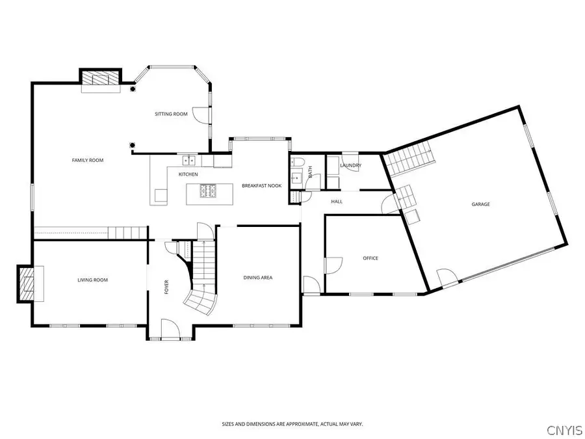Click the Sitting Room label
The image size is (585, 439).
[171, 114]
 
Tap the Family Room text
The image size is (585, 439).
[88, 160]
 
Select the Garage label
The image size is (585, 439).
[480, 204]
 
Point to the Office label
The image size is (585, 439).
[370, 258]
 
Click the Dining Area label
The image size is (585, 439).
[258, 277]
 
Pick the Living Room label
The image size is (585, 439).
[92, 280]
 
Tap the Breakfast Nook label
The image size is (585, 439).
[261, 185]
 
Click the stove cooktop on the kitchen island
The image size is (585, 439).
[208, 191]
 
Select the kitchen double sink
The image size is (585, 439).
[189, 160]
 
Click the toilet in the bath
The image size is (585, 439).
[298, 162]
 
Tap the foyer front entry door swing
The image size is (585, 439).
[170, 328]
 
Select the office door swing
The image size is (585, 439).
[334, 265]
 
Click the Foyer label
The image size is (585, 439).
[167, 287]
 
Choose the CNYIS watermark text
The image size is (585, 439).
[565, 429]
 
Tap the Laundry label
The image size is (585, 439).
[351, 165]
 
